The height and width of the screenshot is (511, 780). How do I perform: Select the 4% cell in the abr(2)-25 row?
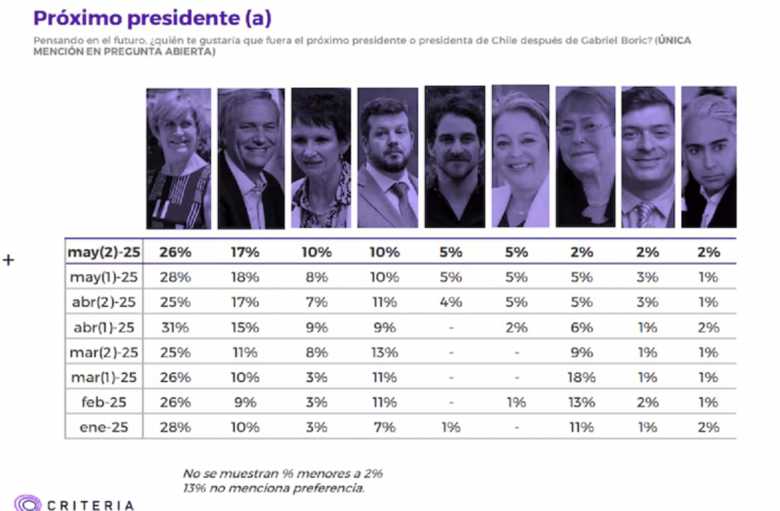point(451,302)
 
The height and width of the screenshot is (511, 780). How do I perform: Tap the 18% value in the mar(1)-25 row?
point(580,377)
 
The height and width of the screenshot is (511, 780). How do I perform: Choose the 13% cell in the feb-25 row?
point(580,402)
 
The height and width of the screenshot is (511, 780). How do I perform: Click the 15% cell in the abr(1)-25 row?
point(246,327)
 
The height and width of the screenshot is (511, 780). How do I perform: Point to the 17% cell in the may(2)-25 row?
point(246,252)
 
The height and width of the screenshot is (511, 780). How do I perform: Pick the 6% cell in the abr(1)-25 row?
point(580,327)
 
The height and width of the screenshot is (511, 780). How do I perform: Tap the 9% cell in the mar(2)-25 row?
point(580,352)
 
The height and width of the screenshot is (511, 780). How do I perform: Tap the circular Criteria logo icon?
point(27,503)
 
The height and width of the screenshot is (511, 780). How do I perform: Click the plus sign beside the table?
point(8,260)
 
